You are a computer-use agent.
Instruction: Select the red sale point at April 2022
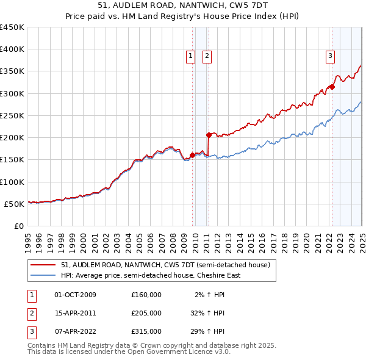click(x=332, y=87)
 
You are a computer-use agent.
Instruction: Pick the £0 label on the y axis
click(x=19, y=226)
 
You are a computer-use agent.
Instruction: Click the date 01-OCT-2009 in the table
click(x=75, y=295)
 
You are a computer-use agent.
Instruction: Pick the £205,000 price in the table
click(x=146, y=313)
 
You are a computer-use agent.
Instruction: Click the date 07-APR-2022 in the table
click(x=75, y=331)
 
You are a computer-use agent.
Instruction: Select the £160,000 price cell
click(x=146, y=295)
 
